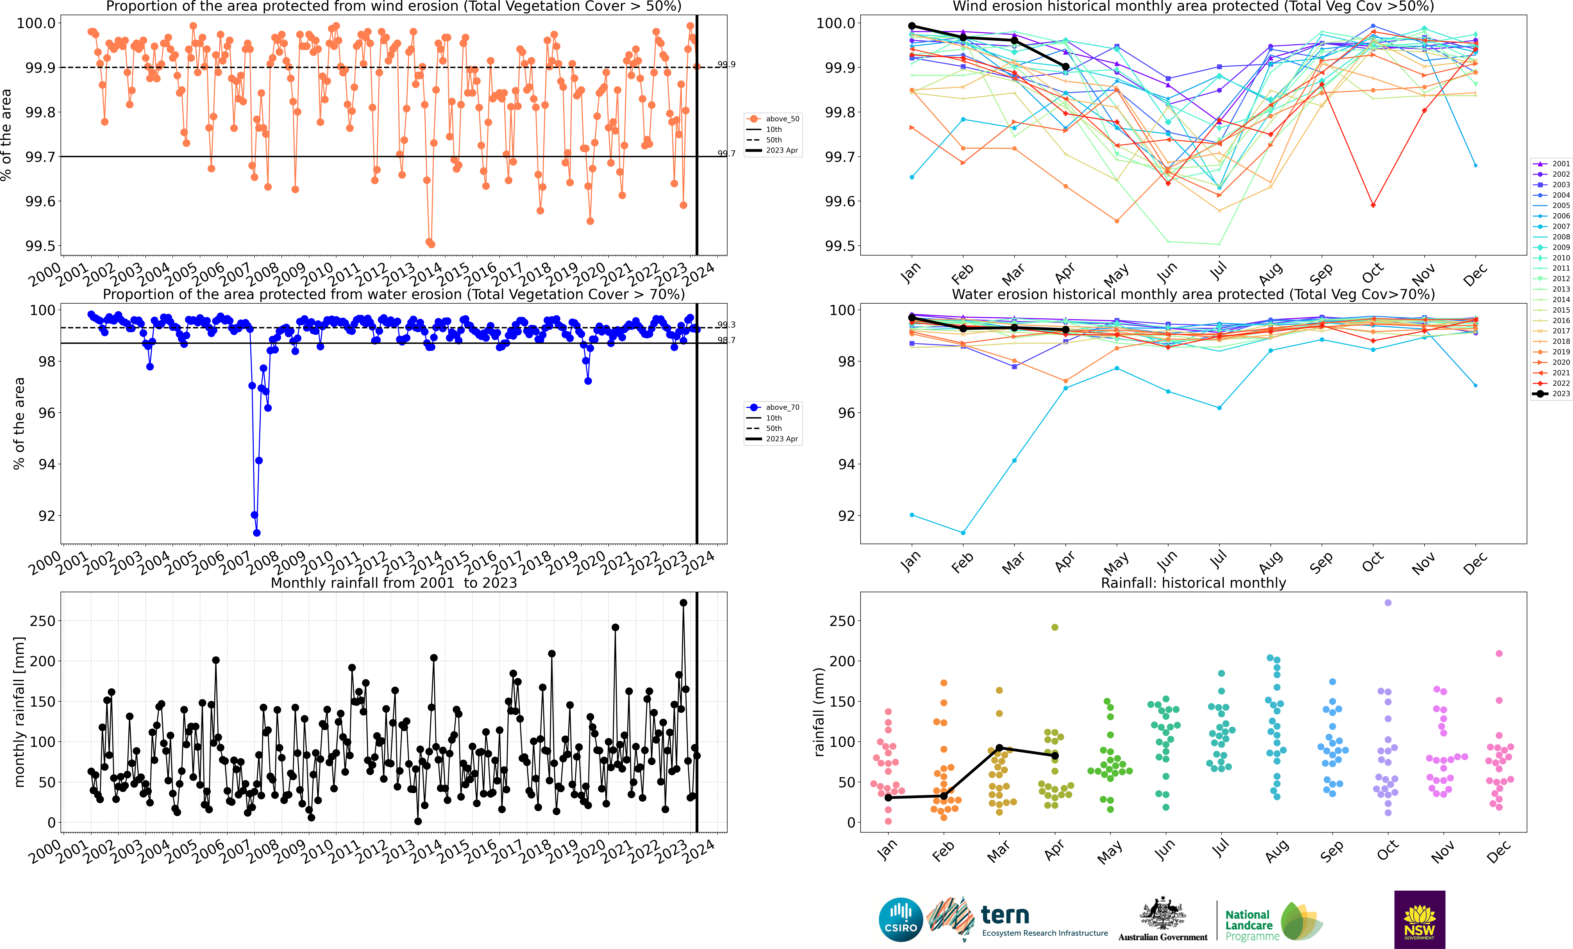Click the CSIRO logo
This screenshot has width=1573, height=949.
(901, 920)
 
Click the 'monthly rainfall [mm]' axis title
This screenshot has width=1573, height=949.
(19, 712)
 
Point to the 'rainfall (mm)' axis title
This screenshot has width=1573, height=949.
(819, 712)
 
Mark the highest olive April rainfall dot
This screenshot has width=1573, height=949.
(1055, 627)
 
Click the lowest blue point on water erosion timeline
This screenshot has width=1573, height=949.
(257, 533)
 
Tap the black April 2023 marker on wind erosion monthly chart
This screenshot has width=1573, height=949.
(1065, 66)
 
